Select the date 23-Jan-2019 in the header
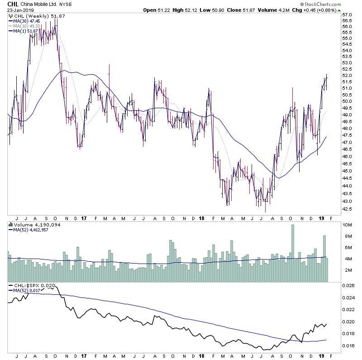point(20,10)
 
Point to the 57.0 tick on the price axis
point(348,14)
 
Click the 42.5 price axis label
point(348,209)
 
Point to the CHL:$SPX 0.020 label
point(32,286)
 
